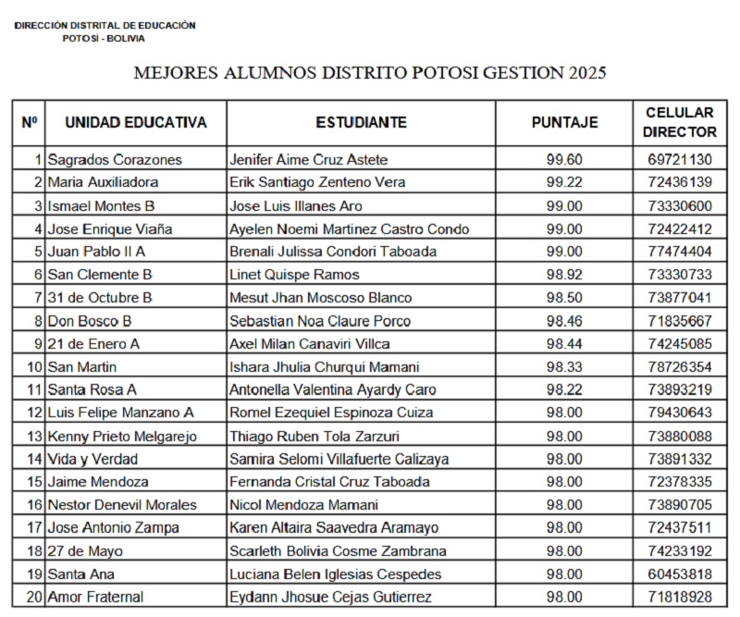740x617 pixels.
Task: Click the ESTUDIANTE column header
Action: pyautogui.click(x=361, y=122)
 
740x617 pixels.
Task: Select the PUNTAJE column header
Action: pyautogui.click(x=564, y=122)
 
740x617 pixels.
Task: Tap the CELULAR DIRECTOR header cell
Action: pyautogui.click(x=680, y=122)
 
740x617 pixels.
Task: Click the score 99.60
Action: pyautogui.click(x=564, y=159)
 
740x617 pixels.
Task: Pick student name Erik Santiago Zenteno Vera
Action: pyautogui.click(x=317, y=182)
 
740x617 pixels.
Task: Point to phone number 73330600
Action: pyautogui.click(x=680, y=205)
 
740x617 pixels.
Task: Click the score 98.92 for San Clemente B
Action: pyautogui.click(x=564, y=275)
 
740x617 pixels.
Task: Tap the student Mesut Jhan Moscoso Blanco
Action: pyautogui.click(x=321, y=298)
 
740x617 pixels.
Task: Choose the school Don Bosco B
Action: pyautogui.click(x=90, y=321)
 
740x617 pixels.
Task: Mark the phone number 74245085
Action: pyautogui.click(x=680, y=343)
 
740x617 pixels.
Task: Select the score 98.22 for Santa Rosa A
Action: pyautogui.click(x=564, y=389)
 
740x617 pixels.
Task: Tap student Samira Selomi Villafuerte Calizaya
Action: pyautogui.click(x=339, y=459)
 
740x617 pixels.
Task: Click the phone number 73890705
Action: pyautogui.click(x=680, y=505)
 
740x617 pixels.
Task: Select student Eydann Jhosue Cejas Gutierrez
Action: pyautogui.click(x=330, y=598)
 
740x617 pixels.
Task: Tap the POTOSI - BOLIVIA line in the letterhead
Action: pyautogui.click(x=104, y=38)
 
